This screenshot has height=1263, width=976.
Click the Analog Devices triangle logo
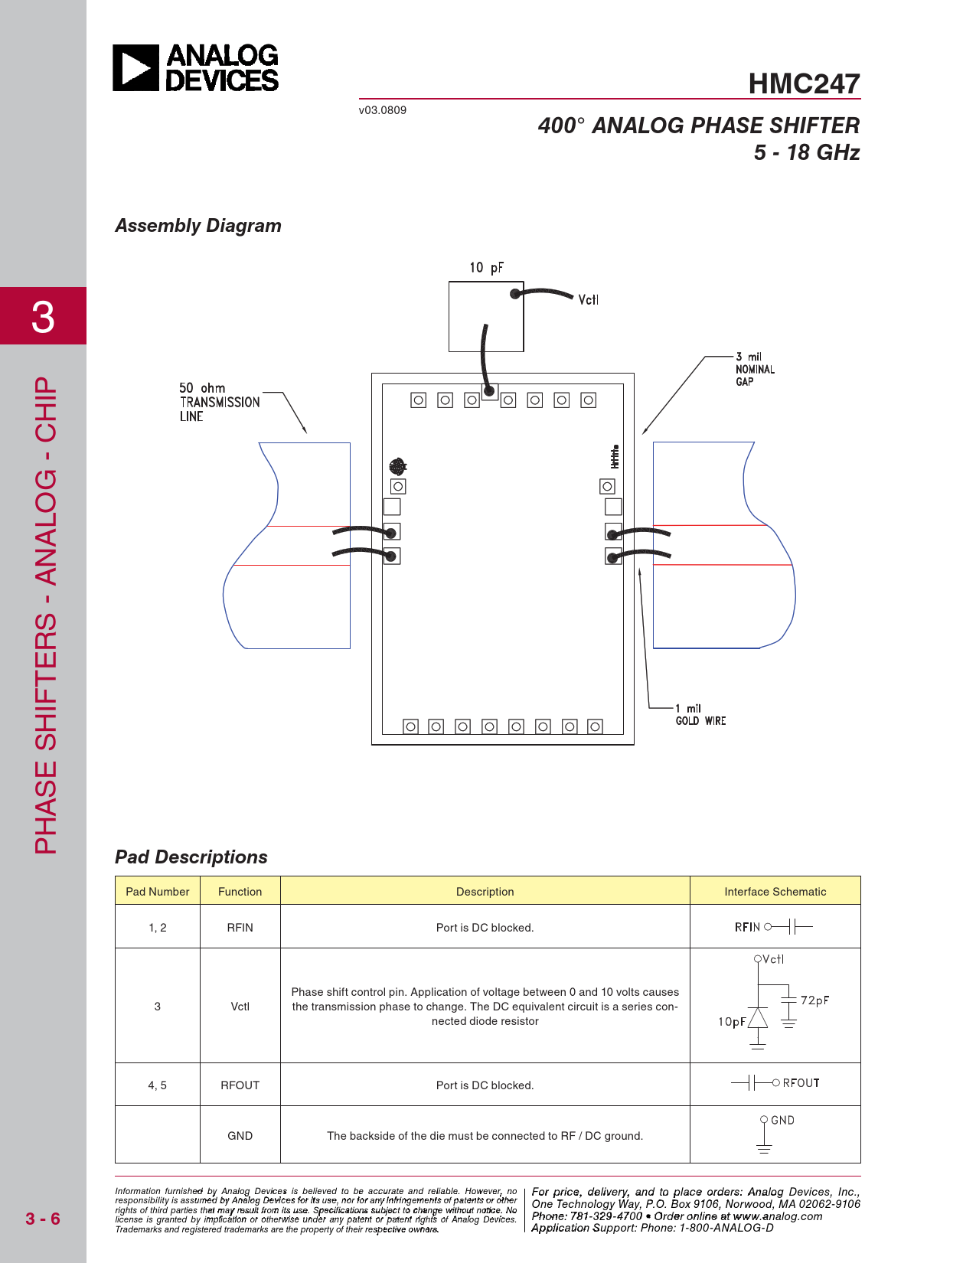coord(135,67)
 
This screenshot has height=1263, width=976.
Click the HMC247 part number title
coord(803,83)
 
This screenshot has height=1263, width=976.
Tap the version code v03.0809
coord(382,110)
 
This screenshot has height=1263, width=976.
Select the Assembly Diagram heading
coord(197,225)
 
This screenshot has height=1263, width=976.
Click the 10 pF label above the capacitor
coord(486,267)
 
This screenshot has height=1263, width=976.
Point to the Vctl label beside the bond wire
coord(588,299)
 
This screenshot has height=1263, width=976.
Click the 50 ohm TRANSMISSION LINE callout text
coord(219,402)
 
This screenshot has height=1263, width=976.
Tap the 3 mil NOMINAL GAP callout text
coord(755,369)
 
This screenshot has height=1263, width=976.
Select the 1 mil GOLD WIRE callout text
coord(700,714)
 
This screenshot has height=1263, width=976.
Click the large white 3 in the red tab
coord(43,317)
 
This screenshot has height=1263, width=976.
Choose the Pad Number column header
coord(158,891)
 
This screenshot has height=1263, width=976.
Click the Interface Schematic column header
coord(775,891)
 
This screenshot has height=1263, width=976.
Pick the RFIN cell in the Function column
coord(240,927)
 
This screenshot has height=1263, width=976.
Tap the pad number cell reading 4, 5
coord(157,1085)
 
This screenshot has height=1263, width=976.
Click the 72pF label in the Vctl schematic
coord(814,1000)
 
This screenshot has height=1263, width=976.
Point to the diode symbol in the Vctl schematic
coord(757,1018)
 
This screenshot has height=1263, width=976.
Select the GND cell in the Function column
coord(240,1135)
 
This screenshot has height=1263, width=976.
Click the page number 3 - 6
coord(43,1219)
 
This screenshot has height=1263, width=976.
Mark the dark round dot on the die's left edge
coord(397,466)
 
